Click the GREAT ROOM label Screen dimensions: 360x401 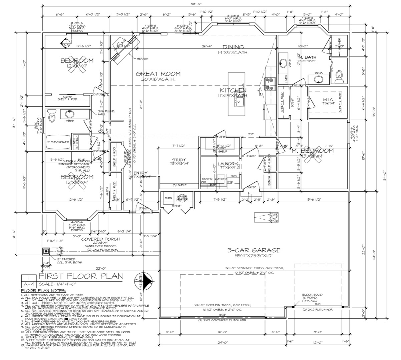click(158, 74)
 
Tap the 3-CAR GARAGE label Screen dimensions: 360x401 click(254, 250)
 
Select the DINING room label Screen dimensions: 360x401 click(233, 47)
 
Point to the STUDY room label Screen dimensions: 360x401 click(179, 160)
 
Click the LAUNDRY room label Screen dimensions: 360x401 click(227, 164)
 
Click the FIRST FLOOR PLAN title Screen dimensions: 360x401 click(81, 276)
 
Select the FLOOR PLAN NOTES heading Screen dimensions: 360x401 click(39, 291)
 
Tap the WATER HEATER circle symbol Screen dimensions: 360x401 click(183, 198)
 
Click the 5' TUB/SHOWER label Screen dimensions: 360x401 click(58, 142)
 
